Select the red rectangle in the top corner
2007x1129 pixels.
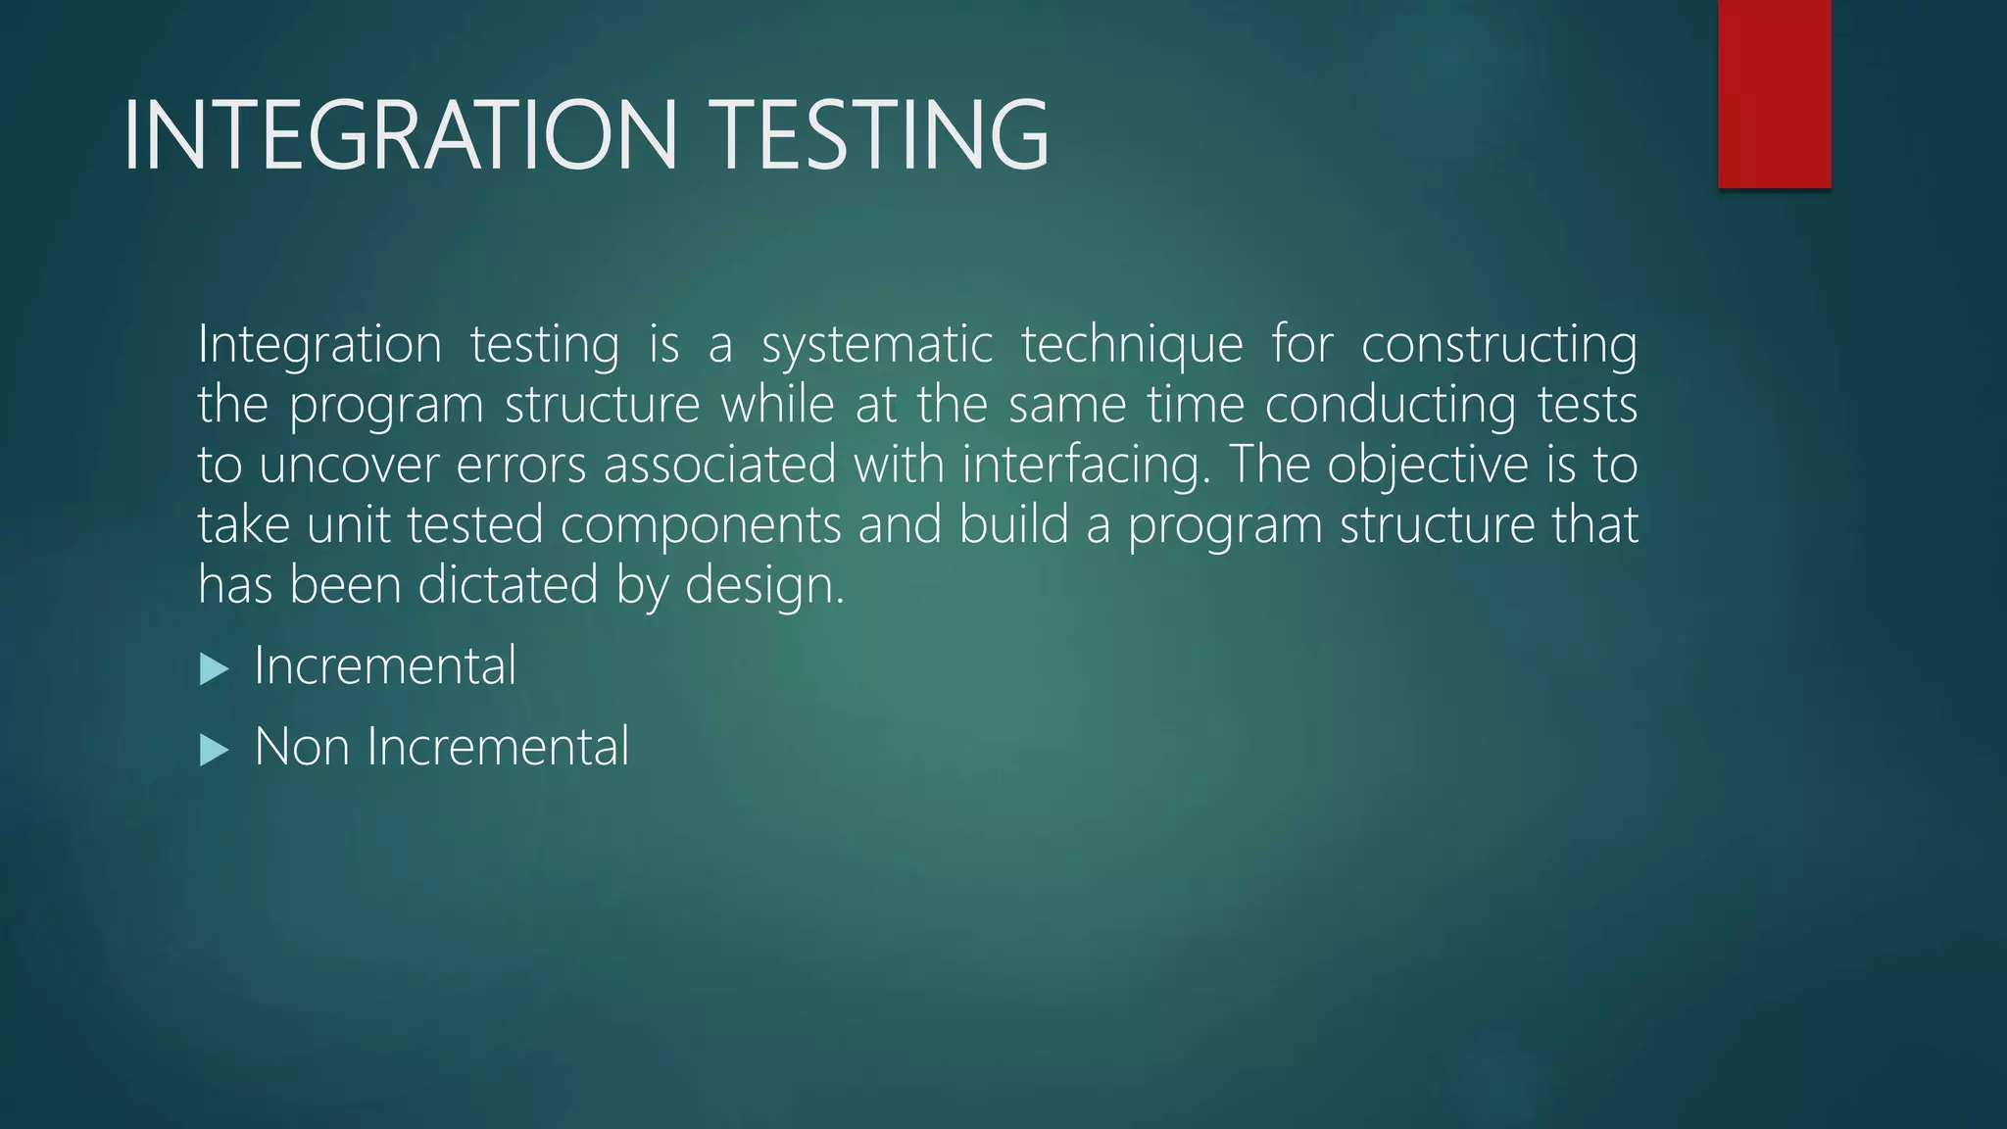click(1774, 93)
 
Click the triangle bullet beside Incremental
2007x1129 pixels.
click(214, 670)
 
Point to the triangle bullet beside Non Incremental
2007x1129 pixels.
click(214, 751)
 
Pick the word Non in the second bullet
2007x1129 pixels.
click(302, 747)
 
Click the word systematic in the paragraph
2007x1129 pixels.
click(877, 346)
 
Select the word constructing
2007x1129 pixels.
click(1499, 346)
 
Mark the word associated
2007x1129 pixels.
click(719, 466)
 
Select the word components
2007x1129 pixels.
click(701, 526)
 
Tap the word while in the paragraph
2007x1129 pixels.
click(778, 406)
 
